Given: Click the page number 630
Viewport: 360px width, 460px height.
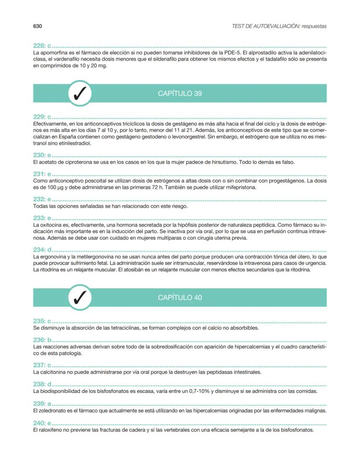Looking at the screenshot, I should [x=37, y=26].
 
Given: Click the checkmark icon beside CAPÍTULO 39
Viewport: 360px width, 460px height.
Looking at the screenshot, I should [x=80, y=93].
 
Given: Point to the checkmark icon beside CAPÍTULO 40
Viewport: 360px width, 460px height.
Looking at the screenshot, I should [x=80, y=297].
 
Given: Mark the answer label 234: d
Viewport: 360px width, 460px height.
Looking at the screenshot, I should [x=42, y=250].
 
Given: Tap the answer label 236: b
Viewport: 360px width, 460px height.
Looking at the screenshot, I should [x=42, y=340].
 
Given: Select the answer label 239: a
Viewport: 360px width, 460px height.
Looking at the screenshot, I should [x=42, y=404].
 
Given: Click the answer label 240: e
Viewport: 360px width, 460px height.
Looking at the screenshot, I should [x=42, y=423].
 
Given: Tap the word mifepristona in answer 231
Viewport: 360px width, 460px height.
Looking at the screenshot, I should [x=240, y=187].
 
